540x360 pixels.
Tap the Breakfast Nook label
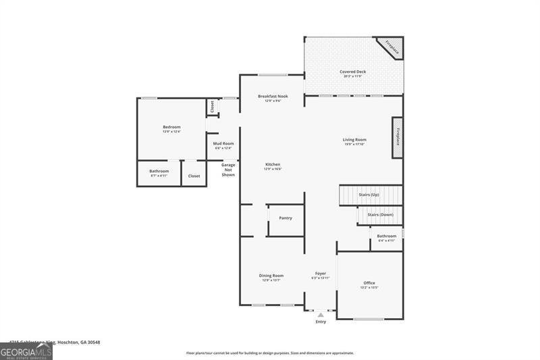273,97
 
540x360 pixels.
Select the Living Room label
354,140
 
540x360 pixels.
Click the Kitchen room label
273,165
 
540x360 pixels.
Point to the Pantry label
286,217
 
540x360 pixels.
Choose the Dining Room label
271,276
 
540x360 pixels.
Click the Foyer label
321,274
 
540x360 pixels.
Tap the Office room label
369,283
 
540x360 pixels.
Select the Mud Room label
223,144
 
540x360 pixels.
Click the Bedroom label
171,127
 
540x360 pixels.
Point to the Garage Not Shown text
228,170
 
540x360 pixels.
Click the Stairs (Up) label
369,195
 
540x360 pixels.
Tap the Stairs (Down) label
379,215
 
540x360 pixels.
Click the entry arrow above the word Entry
321,314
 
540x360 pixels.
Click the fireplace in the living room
398,137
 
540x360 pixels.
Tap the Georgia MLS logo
26,351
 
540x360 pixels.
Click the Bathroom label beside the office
387,236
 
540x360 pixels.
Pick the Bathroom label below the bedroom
159,172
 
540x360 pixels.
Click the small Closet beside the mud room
211,106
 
